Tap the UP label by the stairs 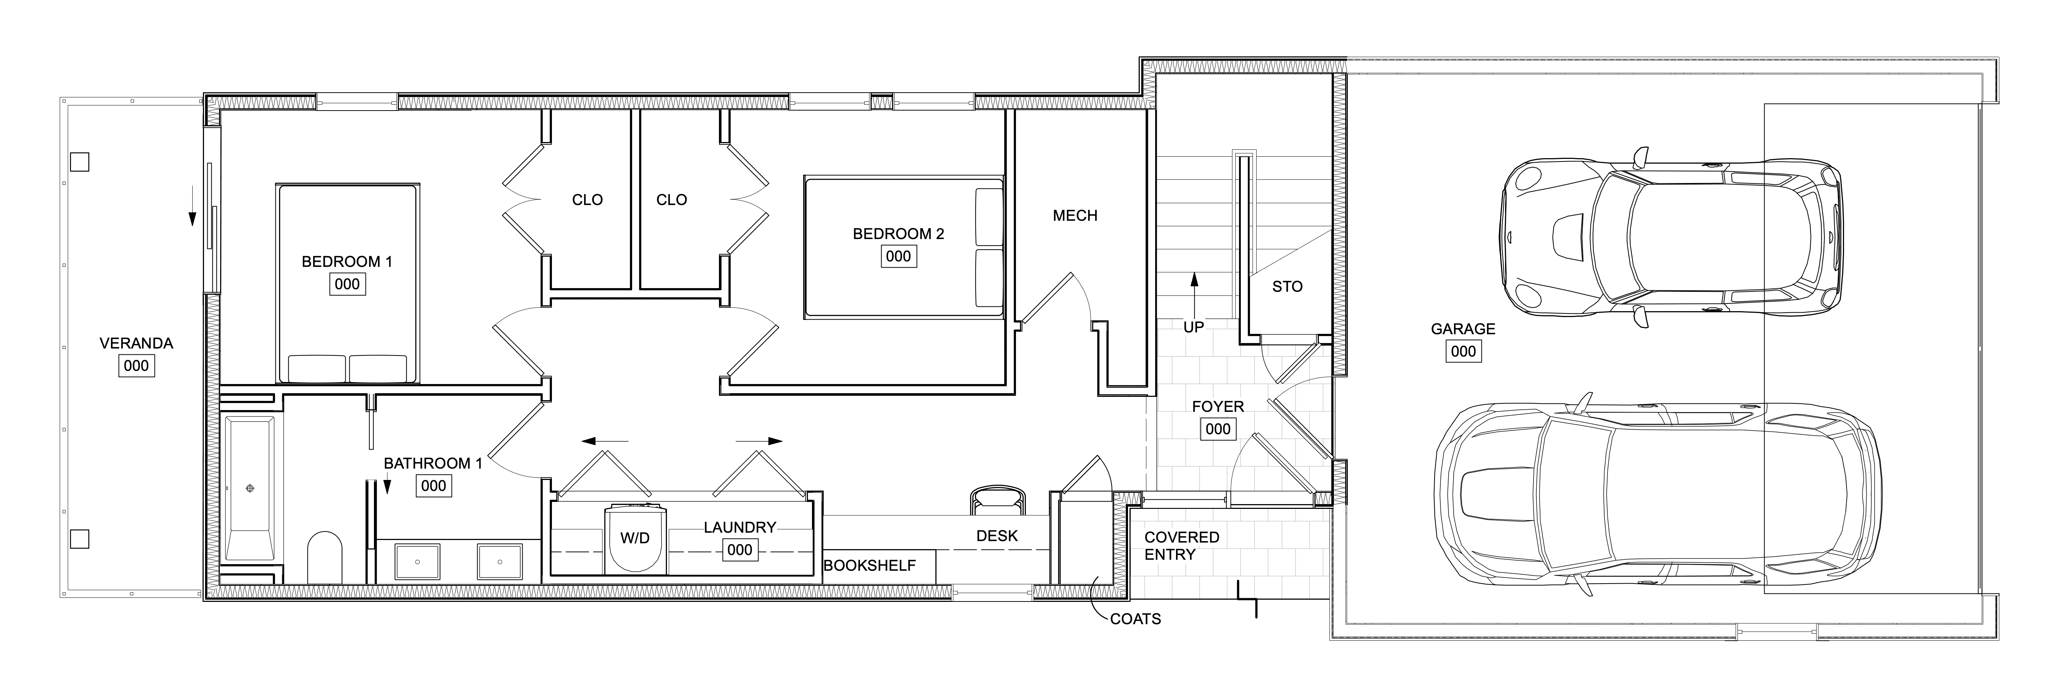click(x=1194, y=327)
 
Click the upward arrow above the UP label click(x=1194, y=291)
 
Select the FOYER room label click(x=1217, y=407)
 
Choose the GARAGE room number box click(x=1463, y=352)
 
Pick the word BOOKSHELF click(x=869, y=565)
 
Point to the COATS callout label click(x=1135, y=619)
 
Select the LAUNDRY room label click(x=739, y=527)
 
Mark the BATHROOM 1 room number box click(x=433, y=486)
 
